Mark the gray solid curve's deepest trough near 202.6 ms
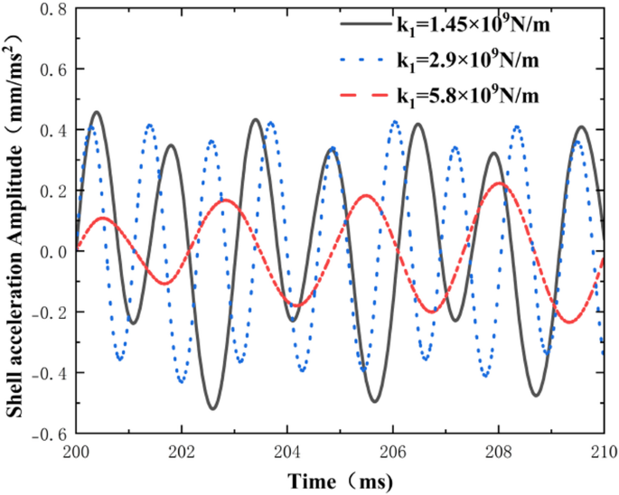pyautogui.click(x=213, y=408)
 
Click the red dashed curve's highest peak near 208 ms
pyautogui.click(x=500, y=183)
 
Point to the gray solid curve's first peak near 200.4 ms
pyautogui.click(x=97, y=113)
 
